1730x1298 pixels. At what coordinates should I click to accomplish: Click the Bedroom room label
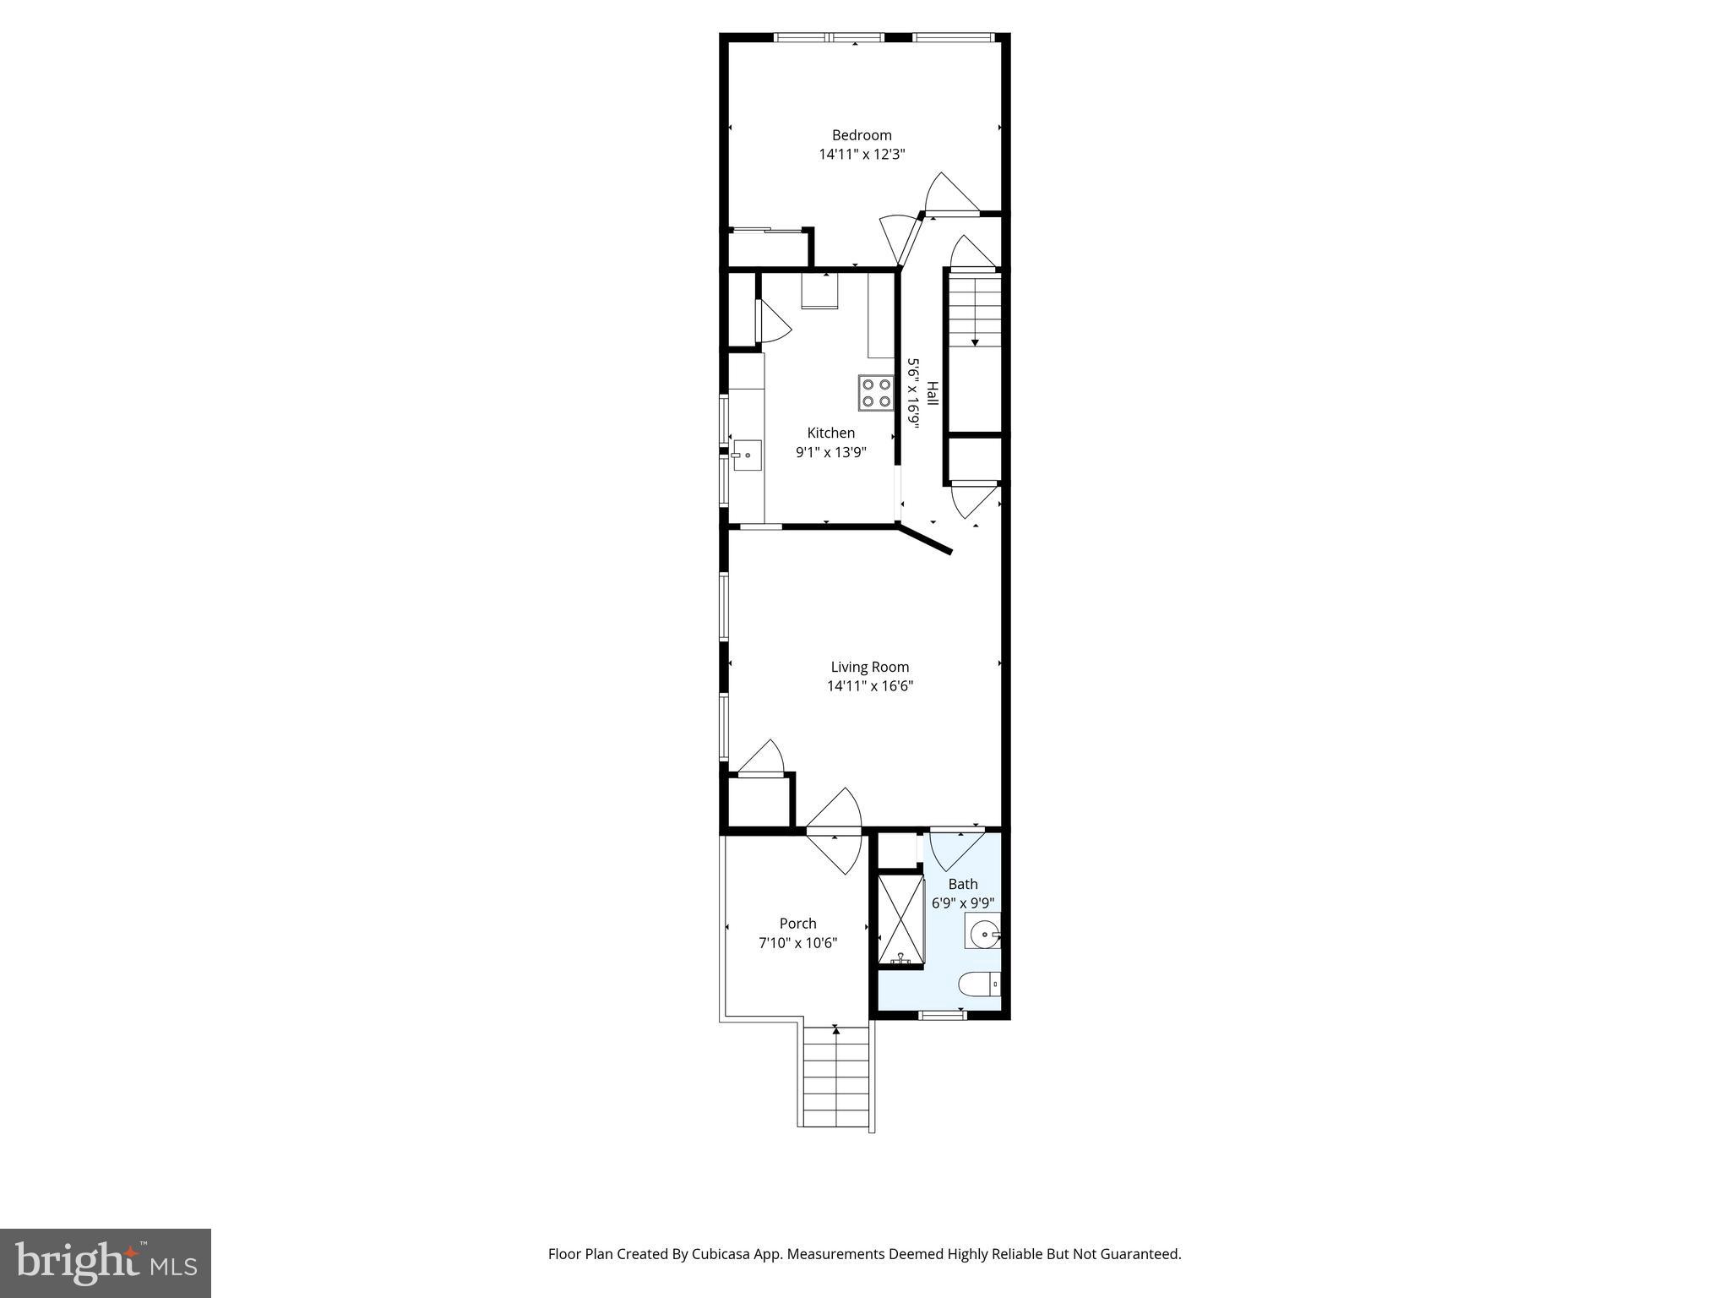(x=862, y=135)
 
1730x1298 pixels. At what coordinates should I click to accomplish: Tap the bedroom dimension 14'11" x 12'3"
(x=862, y=155)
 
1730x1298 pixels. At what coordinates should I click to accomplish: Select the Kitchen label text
(x=830, y=433)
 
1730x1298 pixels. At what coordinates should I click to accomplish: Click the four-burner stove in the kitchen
(x=876, y=393)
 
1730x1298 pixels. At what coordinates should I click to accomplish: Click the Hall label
(x=933, y=393)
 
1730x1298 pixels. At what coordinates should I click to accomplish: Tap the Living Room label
(x=869, y=667)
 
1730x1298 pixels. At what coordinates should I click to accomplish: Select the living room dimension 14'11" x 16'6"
(x=869, y=686)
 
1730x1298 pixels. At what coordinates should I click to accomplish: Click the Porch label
(x=797, y=924)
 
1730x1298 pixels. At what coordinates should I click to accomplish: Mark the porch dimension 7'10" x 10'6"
(x=797, y=943)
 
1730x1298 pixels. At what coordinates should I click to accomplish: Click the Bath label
(x=962, y=884)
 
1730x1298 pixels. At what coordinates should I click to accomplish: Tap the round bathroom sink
(x=983, y=935)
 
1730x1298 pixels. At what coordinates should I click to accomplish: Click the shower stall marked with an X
(x=900, y=920)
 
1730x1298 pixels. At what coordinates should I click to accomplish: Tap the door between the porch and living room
(x=835, y=832)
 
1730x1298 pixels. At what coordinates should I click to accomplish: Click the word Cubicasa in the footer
(x=723, y=1254)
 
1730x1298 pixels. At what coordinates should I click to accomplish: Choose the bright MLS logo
(x=105, y=1263)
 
